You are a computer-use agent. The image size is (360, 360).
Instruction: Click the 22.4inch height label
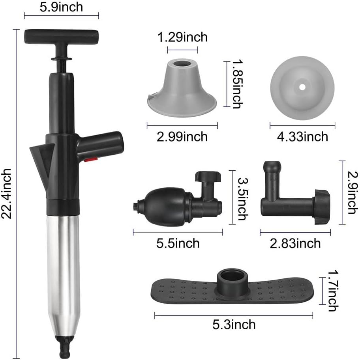coord(6,194)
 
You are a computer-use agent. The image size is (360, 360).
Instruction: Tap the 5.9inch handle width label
coord(61,7)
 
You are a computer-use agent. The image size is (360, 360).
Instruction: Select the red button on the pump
coord(90,159)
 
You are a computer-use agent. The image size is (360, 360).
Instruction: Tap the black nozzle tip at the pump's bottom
coord(64,346)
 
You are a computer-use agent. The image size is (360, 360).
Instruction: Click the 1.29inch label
coord(182,37)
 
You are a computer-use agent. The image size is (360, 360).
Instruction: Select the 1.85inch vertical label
coord(238,84)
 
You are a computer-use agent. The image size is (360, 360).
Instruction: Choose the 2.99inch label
coord(182,137)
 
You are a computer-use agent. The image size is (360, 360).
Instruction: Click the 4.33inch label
coord(302,137)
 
